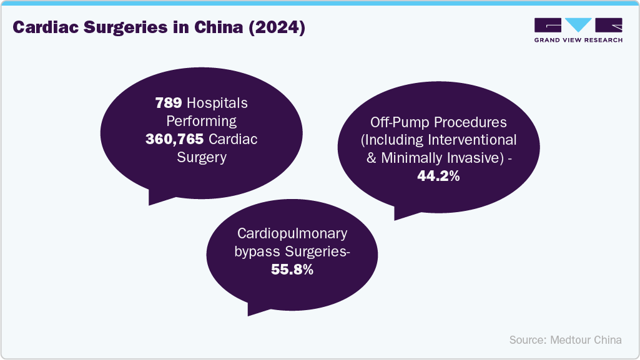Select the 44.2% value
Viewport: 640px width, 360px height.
tap(438, 176)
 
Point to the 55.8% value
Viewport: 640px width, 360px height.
tap(292, 270)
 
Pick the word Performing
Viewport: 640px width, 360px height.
tap(201, 121)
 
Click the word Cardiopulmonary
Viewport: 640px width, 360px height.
tap(292, 234)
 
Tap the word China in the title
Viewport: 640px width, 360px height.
tap(212, 28)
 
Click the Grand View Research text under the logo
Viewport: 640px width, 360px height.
tap(578, 39)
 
